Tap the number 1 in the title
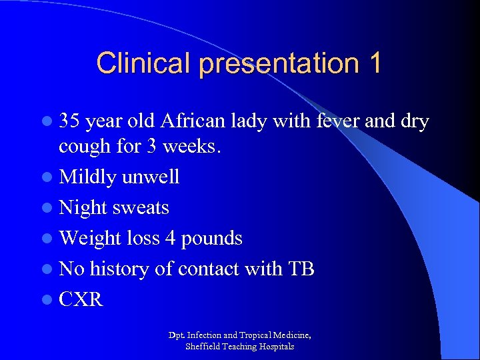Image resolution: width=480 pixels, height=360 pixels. pyautogui.click(x=373, y=63)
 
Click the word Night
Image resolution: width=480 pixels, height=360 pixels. pyautogui.click(x=82, y=208)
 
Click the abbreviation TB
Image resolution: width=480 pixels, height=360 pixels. pyautogui.click(x=301, y=269)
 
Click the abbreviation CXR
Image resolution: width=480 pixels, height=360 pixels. pyautogui.click(x=81, y=299)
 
